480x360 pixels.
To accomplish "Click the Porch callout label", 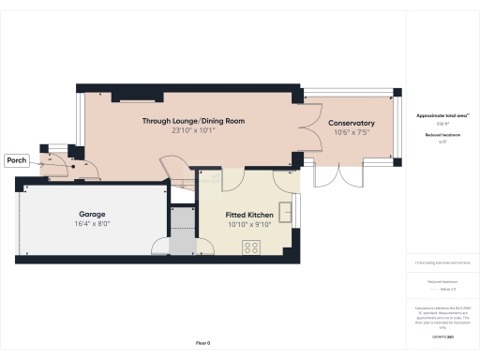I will click(x=17, y=160).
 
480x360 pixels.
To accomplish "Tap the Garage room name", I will click(x=92, y=214).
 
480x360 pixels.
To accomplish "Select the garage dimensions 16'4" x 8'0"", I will click(x=92, y=224).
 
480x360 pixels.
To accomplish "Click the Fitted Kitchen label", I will click(x=248, y=215).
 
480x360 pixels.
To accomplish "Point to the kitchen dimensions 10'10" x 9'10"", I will click(x=248, y=225).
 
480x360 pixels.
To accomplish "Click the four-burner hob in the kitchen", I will click(x=251, y=247).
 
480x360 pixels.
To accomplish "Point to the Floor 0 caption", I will click(x=203, y=344).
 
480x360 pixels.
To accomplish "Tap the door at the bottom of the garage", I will click(x=161, y=246).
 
